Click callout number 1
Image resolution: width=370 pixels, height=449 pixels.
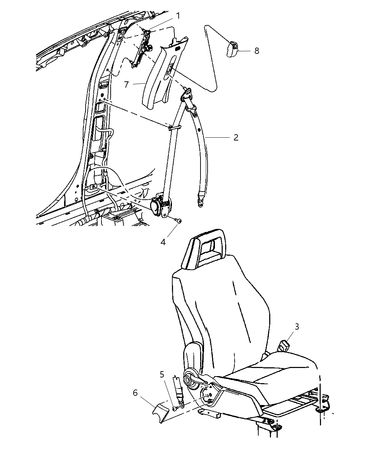(x=178, y=16)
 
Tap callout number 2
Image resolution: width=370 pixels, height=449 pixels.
(x=236, y=137)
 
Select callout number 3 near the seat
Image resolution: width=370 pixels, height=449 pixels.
(x=297, y=326)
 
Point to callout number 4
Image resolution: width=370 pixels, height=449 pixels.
(x=163, y=242)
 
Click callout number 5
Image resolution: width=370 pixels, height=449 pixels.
(x=162, y=374)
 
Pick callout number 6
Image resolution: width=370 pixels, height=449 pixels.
(x=135, y=393)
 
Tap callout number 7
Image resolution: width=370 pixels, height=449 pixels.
(x=127, y=85)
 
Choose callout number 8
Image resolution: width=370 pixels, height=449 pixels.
(x=257, y=51)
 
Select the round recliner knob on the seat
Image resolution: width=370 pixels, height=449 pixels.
(x=188, y=380)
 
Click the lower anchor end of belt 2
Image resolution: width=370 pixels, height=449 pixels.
(x=200, y=202)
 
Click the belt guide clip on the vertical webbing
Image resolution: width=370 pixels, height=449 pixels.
(x=174, y=128)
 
